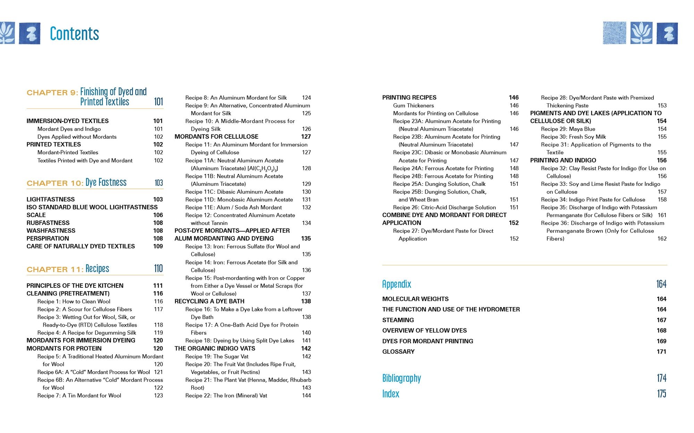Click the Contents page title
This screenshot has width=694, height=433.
click(x=74, y=34)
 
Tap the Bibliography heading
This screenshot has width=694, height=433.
click(x=401, y=378)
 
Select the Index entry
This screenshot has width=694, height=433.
click(x=391, y=393)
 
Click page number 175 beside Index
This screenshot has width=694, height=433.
click(x=661, y=393)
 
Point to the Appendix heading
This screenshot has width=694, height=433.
click(x=397, y=284)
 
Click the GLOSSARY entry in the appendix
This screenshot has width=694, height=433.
click(x=398, y=352)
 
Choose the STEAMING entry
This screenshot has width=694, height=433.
click(x=398, y=320)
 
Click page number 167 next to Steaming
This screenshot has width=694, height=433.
click(x=661, y=320)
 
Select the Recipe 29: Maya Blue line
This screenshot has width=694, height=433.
click(x=568, y=129)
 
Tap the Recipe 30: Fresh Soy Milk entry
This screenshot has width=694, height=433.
click(x=573, y=137)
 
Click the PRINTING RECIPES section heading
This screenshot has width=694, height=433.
click(x=409, y=97)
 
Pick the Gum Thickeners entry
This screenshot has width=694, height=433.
click(x=413, y=105)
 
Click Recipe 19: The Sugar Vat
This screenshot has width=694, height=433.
click(x=217, y=356)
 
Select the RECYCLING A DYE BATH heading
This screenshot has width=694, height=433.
click(x=209, y=301)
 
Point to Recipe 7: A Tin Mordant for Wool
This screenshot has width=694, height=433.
click(x=79, y=396)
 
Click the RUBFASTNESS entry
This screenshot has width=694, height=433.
click(x=48, y=223)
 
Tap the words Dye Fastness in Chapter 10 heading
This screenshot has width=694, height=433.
click(x=106, y=182)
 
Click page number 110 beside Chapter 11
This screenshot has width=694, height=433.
click(x=158, y=269)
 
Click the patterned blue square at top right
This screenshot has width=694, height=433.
click(x=615, y=33)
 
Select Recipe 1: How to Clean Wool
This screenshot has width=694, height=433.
click(x=74, y=301)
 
